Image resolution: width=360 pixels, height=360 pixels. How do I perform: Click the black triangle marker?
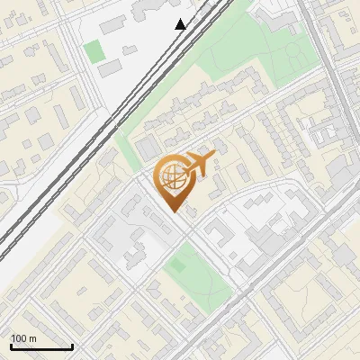pyautogui.click(x=181, y=24)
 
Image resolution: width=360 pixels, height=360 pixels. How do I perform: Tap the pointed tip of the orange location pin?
pyautogui.click(x=174, y=211)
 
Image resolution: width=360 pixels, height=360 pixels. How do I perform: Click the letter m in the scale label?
pyautogui.click(x=33, y=339)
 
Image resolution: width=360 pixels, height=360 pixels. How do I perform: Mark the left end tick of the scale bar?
pyautogui.click(x=11, y=346)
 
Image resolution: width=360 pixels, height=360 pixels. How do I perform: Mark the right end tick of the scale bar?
pyautogui.click(x=72, y=346)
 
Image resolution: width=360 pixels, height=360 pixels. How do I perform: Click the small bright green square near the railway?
pyautogui.click(x=94, y=51)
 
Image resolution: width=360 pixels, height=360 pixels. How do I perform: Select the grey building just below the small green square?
pyautogui.click(x=109, y=68)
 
